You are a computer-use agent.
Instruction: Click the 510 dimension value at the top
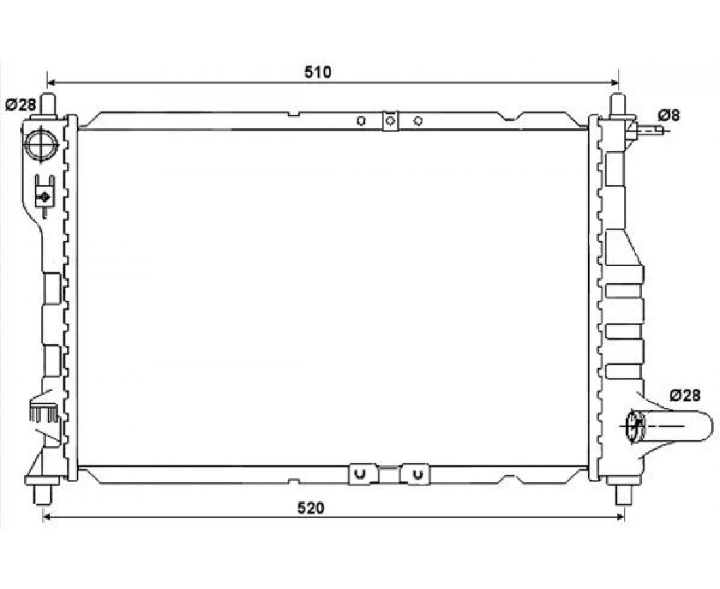click(317, 72)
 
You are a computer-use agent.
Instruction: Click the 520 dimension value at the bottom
click(311, 509)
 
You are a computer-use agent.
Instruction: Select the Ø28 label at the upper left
click(21, 105)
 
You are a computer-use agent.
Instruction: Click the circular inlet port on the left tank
click(41, 144)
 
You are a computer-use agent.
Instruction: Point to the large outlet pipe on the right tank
click(670, 427)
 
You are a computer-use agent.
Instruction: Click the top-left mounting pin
click(48, 105)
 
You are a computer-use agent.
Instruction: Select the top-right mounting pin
click(618, 105)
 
